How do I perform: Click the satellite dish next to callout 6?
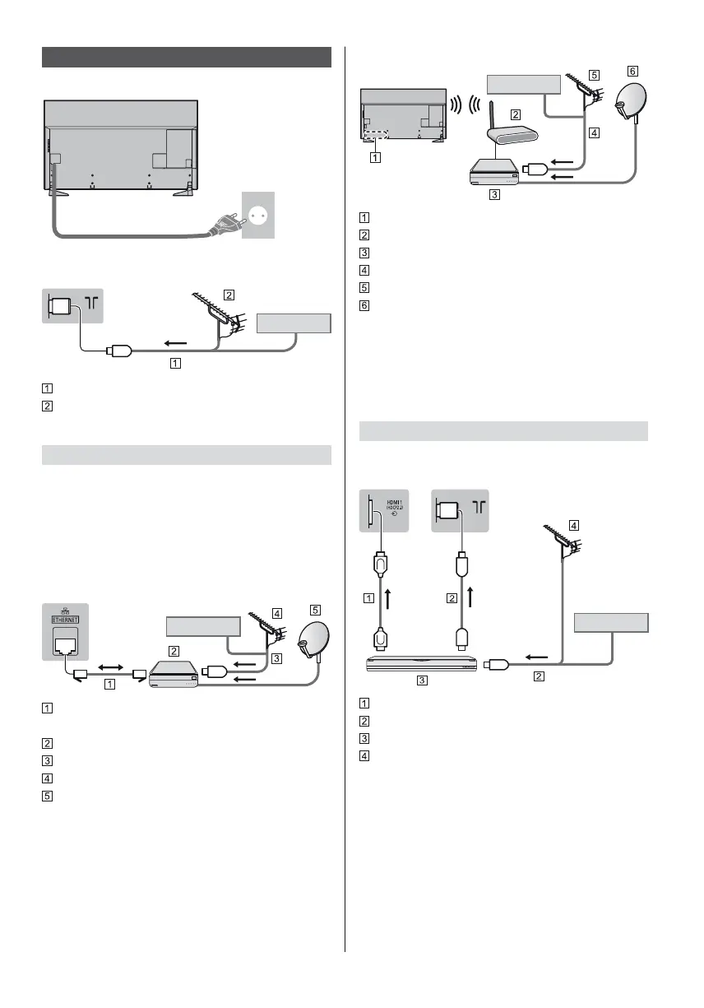[635, 103]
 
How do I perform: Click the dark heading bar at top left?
[186, 58]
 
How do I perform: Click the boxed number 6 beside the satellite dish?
[632, 72]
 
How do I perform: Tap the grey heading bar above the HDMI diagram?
[504, 430]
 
